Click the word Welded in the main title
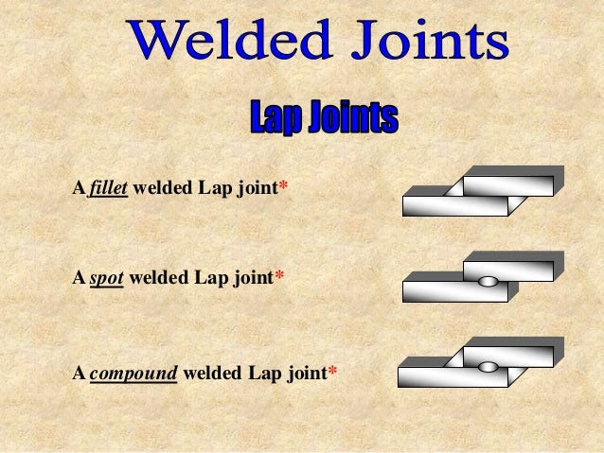pyautogui.click(x=225, y=43)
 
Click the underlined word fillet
pyautogui.click(x=108, y=189)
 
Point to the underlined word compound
pyautogui.click(x=133, y=373)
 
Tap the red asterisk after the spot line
pyautogui.click(x=279, y=279)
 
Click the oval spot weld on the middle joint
pyautogui.click(x=488, y=281)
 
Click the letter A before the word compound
pyautogui.click(x=79, y=373)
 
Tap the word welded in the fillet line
pyautogui.click(x=163, y=189)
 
